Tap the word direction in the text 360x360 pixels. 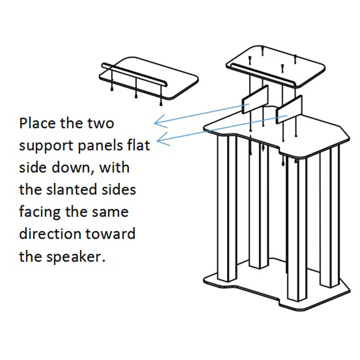(x=50, y=234)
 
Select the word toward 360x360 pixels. (x=110, y=234)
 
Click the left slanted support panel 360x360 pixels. (x=255, y=99)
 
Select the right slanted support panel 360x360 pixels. (x=289, y=109)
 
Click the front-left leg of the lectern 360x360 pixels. (x=227, y=208)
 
